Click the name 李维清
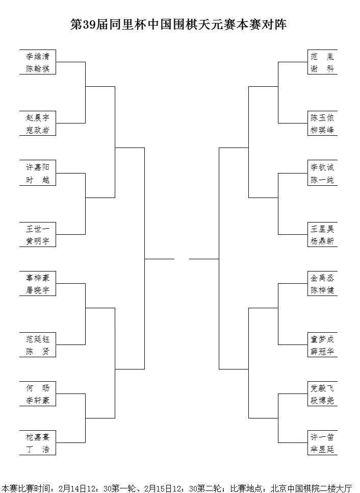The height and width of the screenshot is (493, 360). pyautogui.click(x=38, y=56)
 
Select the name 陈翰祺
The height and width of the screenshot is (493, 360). pyautogui.click(x=38, y=68)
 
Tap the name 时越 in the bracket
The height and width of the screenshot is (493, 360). pyautogui.click(x=38, y=180)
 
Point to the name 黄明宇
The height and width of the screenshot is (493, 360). pyautogui.click(x=38, y=241)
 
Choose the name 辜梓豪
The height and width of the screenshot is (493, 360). pyautogui.click(x=38, y=278)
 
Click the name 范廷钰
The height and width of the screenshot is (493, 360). pyautogui.click(x=38, y=339)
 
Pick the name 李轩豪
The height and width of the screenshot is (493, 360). pyautogui.click(x=38, y=400)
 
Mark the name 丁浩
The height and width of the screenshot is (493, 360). pyautogui.click(x=38, y=449)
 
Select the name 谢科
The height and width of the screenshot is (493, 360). pyautogui.click(x=322, y=68)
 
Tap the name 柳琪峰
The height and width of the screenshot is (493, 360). pyautogui.click(x=322, y=130)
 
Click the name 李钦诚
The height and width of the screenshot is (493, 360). pyautogui.click(x=322, y=167)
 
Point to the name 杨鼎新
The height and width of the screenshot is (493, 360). pyautogui.click(x=322, y=241)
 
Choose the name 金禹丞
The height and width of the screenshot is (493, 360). pyautogui.click(x=322, y=278)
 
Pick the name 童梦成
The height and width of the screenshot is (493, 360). pyautogui.click(x=322, y=339)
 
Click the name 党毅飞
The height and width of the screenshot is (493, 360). pyautogui.click(x=322, y=388)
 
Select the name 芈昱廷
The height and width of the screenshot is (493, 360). pyautogui.click(x=322, y=449)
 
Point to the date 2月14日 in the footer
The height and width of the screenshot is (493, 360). pyautogui.click(x=72, y=488)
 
